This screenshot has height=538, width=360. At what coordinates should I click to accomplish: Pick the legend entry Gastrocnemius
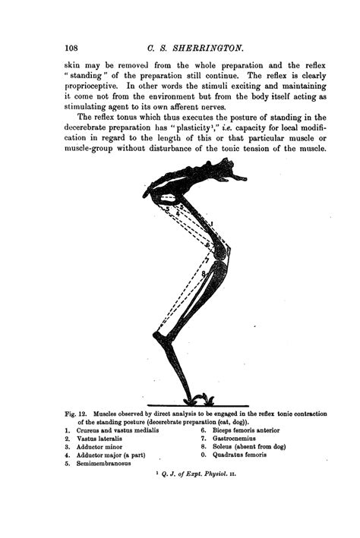(237, 439)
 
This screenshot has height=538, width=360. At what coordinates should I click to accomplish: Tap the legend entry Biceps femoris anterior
(247, 430)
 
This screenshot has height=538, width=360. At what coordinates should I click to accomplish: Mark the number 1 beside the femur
(213, 222)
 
